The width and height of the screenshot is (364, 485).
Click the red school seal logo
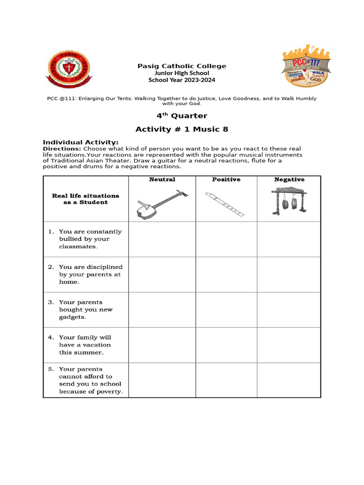pos(69,70)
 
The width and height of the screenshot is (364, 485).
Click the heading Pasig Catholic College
pos(182,66)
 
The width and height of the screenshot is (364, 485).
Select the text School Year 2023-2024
pos(182,80)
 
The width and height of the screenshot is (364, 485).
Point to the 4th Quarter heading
pos(182,116)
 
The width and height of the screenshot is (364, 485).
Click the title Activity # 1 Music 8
pos(182,129)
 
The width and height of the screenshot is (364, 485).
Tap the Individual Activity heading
pos(81,142)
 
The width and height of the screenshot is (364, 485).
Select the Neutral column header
pos(162,180)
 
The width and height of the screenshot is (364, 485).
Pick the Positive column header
pos(226,180)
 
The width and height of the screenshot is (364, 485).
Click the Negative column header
pos(289,180)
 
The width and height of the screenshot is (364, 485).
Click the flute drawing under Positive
pos(225,204)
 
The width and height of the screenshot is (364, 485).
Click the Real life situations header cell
pos(86,199)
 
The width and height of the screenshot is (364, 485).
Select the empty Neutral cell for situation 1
pos(162,239)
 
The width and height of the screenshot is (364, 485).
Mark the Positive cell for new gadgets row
pos(226,310)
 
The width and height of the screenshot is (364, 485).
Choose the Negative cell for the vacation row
pos(289,345)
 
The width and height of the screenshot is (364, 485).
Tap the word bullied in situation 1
pos(70,239)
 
